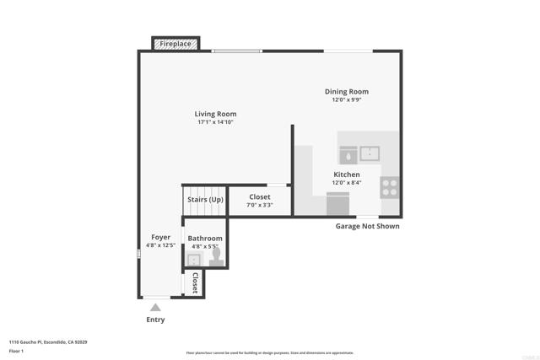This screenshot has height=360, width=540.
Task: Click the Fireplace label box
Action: point(175,44)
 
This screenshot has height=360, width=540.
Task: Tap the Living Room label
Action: point(215,114)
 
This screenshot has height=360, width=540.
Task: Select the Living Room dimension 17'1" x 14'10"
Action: point(215,122)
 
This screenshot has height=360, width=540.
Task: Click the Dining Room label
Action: point(347,92)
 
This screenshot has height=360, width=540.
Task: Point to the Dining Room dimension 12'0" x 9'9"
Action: point(347,100)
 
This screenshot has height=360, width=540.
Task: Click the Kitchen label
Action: point(347,175)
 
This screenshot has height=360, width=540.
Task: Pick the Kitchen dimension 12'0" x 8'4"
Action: point(347,183)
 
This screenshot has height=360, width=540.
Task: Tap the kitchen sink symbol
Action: point(369,153)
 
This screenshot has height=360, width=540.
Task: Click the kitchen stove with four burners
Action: point(389,187)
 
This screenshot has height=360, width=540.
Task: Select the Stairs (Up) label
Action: point(205,200)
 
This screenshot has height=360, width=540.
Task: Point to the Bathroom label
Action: point(205,239)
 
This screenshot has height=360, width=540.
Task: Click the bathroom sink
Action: point(193,259)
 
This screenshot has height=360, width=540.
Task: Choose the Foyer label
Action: point(161,237)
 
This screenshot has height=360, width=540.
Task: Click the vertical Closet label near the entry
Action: point(195,282)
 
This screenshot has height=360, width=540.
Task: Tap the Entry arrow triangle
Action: point(155,307)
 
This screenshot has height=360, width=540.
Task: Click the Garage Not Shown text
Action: point(367,226)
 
